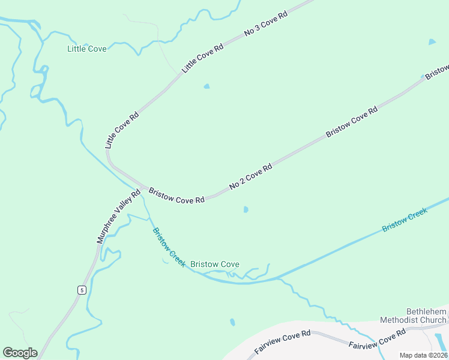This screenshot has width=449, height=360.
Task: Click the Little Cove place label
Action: [x=87, y=49]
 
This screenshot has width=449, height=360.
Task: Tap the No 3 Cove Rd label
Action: [x=266, y=24]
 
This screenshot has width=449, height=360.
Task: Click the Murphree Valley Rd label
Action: [x=119, y=216]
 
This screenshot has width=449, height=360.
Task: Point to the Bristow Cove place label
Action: [x=214, y=264]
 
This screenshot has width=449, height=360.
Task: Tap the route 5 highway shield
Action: [x=81, y=290]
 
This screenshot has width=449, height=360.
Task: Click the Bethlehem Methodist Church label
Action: [x=426, y=316]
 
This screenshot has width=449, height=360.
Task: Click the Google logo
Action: [x=20, y=353]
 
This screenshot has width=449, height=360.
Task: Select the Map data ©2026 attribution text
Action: [x=423, y=355]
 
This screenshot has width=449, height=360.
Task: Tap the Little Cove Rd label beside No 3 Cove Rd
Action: [x=203, y=58]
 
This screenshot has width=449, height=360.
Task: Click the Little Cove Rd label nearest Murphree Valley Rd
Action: [x=122, y=130]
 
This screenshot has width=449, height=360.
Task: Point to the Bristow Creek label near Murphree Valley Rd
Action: [x=169, y=247]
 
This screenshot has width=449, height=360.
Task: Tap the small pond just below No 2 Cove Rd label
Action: [x=246, y=209]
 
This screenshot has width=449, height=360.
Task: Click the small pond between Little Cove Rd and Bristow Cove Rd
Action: [x=207, y=86]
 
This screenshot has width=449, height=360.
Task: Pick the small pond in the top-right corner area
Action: [x=432, y=42]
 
